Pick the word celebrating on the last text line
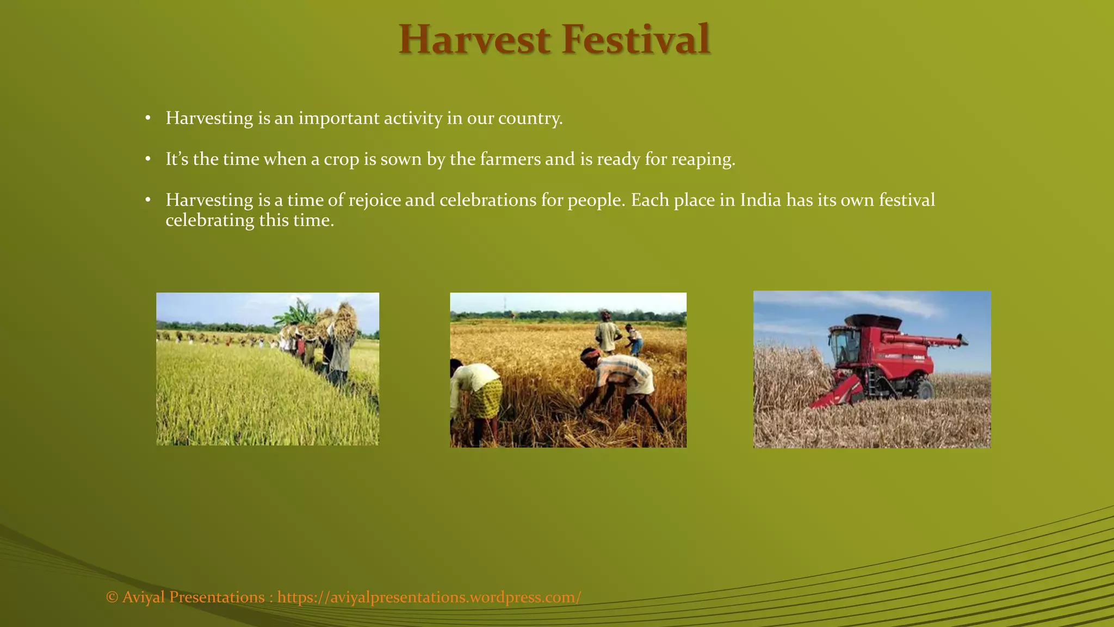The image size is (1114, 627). pos(209,220)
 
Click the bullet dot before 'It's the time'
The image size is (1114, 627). pos(147,159)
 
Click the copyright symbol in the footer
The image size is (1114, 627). pos(112,597)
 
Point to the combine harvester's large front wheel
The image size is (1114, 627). pos(923,388)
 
